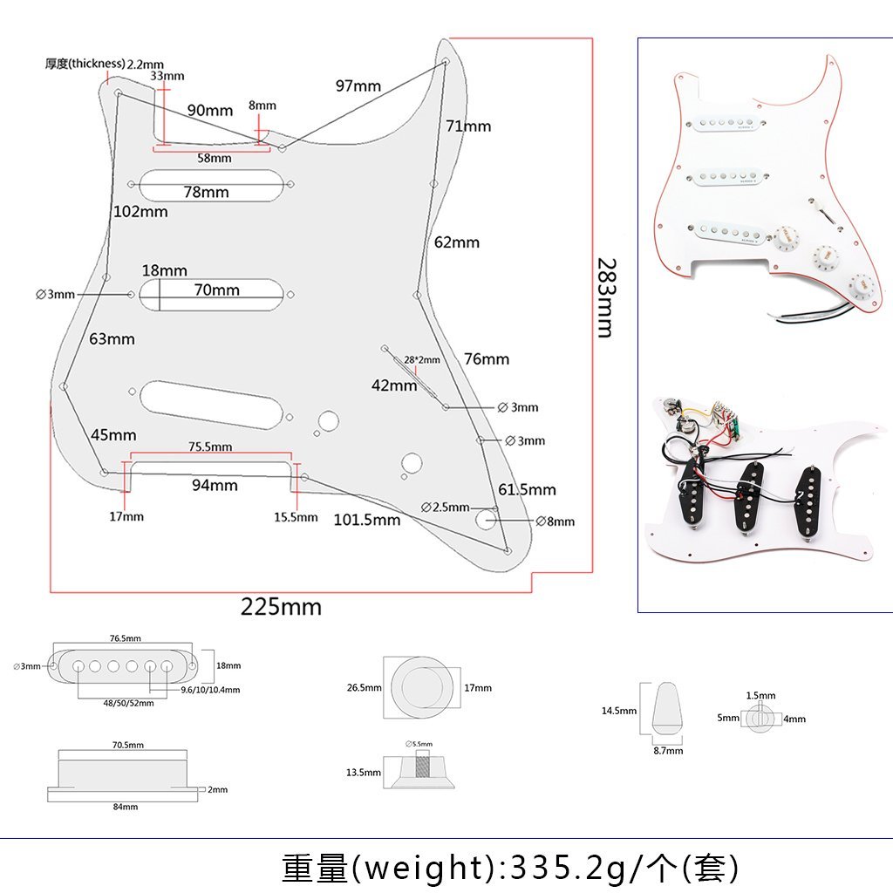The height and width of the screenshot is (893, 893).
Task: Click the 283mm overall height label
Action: (604, 297)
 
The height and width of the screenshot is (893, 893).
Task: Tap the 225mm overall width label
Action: (281, 607)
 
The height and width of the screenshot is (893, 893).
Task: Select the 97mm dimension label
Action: (358, 85)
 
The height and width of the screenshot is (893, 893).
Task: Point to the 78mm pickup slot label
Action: (206, 192)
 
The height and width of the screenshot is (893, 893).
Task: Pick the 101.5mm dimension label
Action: (367, 520)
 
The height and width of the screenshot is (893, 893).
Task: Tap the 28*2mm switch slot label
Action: (422, 359)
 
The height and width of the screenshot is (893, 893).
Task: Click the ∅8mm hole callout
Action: (556, 521)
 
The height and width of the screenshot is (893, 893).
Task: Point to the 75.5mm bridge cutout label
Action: (210, 446)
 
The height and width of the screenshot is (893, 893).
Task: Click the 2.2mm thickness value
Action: (145, 64)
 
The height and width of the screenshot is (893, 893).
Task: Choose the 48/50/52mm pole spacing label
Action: (128, 703)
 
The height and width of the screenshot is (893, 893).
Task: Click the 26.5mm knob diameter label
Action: (364, 688)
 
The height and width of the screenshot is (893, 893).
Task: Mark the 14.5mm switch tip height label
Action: (618, 711)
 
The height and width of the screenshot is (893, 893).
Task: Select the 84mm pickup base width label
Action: (125, 807)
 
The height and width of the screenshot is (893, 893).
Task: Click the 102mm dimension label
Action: (140, 212)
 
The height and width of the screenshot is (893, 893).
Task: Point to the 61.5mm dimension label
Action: (527, 489)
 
